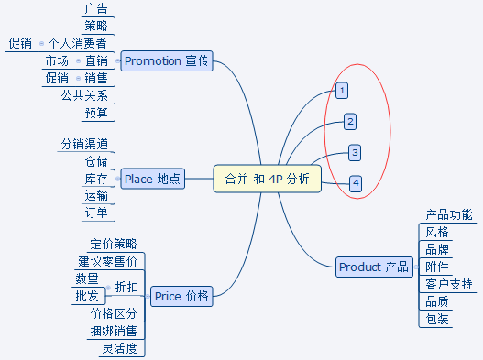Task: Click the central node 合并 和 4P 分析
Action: point(267,179)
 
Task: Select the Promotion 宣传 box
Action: point(166,61)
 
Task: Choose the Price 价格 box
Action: point(181,296)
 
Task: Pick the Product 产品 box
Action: point(374,267)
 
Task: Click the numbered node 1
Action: point(342,91)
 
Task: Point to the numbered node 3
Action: point(355,152)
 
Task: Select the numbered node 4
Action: point(356,183)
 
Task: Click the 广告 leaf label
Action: point(94,9)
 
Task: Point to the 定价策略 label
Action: point(114,245)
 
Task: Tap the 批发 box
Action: point(86,296)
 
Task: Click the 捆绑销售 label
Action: point(114,331)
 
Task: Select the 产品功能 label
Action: point(449,214)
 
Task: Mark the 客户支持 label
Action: point(449,284)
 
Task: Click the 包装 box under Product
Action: point(437,319)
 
